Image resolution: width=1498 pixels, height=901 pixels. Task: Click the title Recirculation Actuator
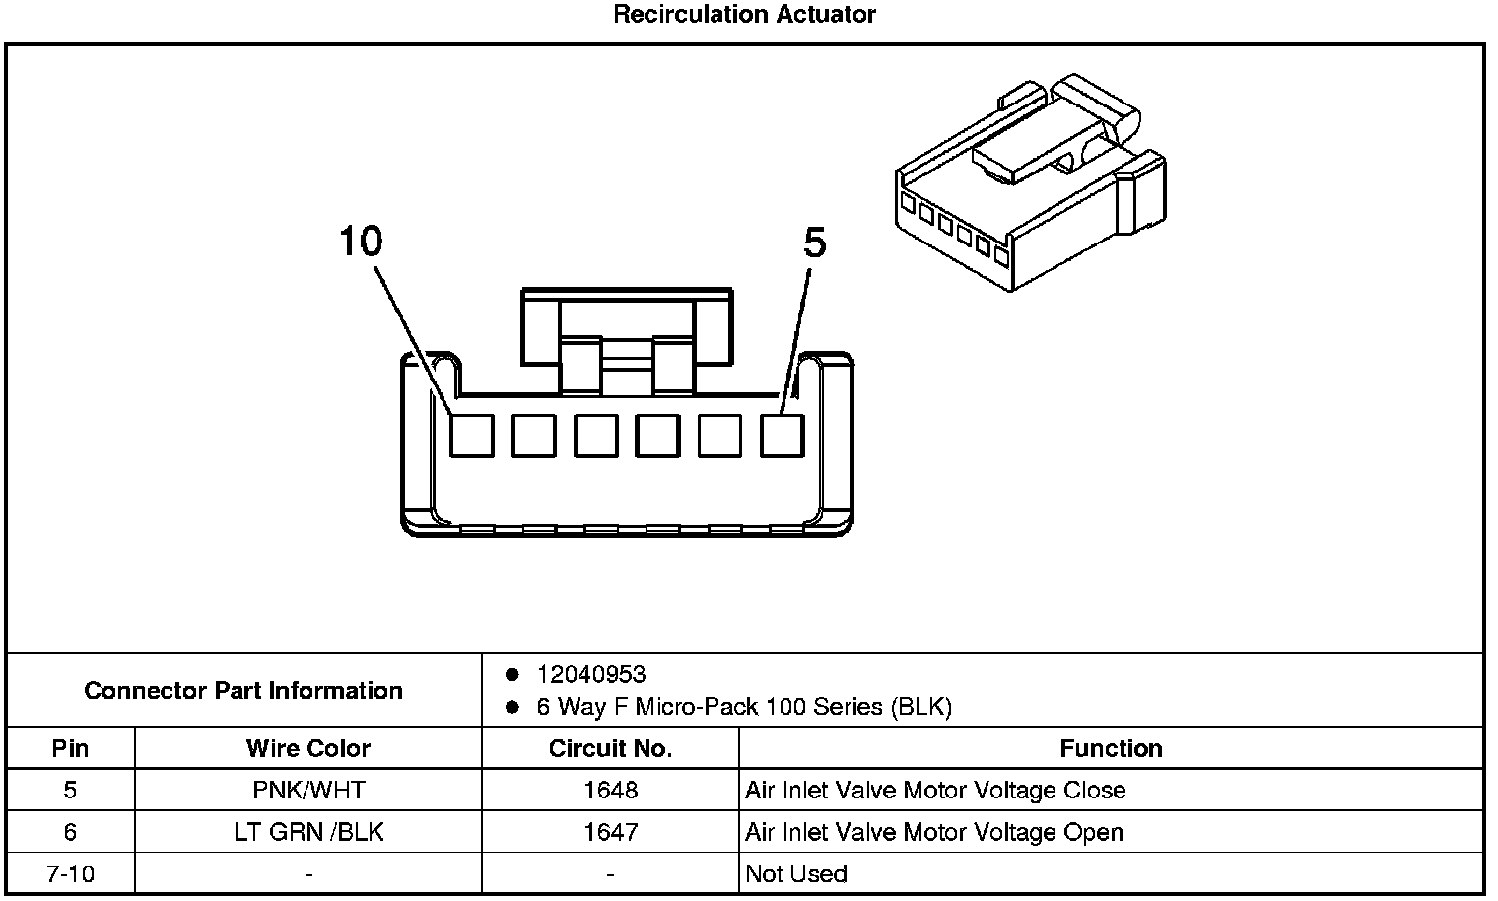tap(744, 14)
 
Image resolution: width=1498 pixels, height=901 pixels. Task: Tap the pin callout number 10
tap(361, 241)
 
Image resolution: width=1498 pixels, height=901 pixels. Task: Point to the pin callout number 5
tap(814, 243)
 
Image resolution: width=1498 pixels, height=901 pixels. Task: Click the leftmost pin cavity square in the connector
tap(472, 435)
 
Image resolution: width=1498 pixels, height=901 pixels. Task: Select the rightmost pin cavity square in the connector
tap(783, 435)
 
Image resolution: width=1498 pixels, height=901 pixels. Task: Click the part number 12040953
tap(591, 674)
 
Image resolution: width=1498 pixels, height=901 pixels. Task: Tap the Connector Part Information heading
tap(243, 690)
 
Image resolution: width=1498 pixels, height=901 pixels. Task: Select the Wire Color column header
tap(308, 748)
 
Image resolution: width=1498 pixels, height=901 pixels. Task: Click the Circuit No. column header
tap(610, 748)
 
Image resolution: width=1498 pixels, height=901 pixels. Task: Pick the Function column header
tap(1111, 748)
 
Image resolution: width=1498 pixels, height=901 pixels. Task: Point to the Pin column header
tap(70, 748)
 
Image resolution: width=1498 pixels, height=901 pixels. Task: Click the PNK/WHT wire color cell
tap(308, 790)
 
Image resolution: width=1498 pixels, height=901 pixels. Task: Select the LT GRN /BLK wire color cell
tap(308, 832)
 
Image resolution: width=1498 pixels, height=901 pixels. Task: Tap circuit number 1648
tap(610, 790)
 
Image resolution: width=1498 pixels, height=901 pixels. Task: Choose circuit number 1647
tap(610, 832)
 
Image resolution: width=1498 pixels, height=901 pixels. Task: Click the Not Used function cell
tap(796, 873)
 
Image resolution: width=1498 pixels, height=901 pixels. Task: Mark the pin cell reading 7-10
tap(70, 873)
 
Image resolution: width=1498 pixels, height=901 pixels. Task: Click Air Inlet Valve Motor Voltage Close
tap(935, 790)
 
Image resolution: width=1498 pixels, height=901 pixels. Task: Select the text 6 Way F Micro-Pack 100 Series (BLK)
tap(744, 707)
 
